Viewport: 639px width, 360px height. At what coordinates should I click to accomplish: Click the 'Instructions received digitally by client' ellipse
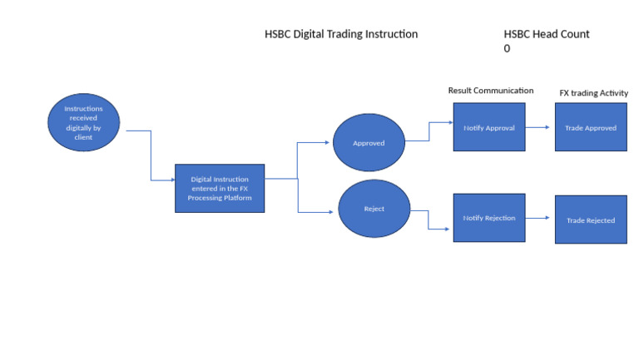coord(83,122)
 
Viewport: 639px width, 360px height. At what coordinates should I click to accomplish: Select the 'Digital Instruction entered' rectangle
coord(220,187)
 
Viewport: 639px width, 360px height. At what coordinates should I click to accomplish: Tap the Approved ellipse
coord(369,143)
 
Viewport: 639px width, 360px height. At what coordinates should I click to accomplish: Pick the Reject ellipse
coord(374,209)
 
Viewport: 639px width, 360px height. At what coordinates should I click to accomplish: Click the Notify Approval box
coord(488,127)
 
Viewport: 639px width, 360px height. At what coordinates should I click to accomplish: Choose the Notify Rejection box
coord(488,217)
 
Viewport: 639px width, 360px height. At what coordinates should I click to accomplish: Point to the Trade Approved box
coord(591,127)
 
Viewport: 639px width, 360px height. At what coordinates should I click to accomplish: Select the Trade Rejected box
coord(591,219)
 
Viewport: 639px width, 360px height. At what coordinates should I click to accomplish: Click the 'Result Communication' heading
coord(490,91)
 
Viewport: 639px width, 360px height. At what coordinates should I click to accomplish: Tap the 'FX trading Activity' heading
coord(593,93)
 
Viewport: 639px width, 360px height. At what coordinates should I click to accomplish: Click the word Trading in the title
coord(354,34)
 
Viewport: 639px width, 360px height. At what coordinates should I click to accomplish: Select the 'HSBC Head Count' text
coord(546,34)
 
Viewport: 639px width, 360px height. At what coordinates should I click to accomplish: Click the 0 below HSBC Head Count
coord(507,49)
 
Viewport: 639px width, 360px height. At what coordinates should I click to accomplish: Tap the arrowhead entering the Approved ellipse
coord(329,142)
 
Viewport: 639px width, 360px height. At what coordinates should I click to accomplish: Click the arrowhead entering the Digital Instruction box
coord(171,180)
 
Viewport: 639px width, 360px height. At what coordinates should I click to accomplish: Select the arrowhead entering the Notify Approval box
coord(449,122)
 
